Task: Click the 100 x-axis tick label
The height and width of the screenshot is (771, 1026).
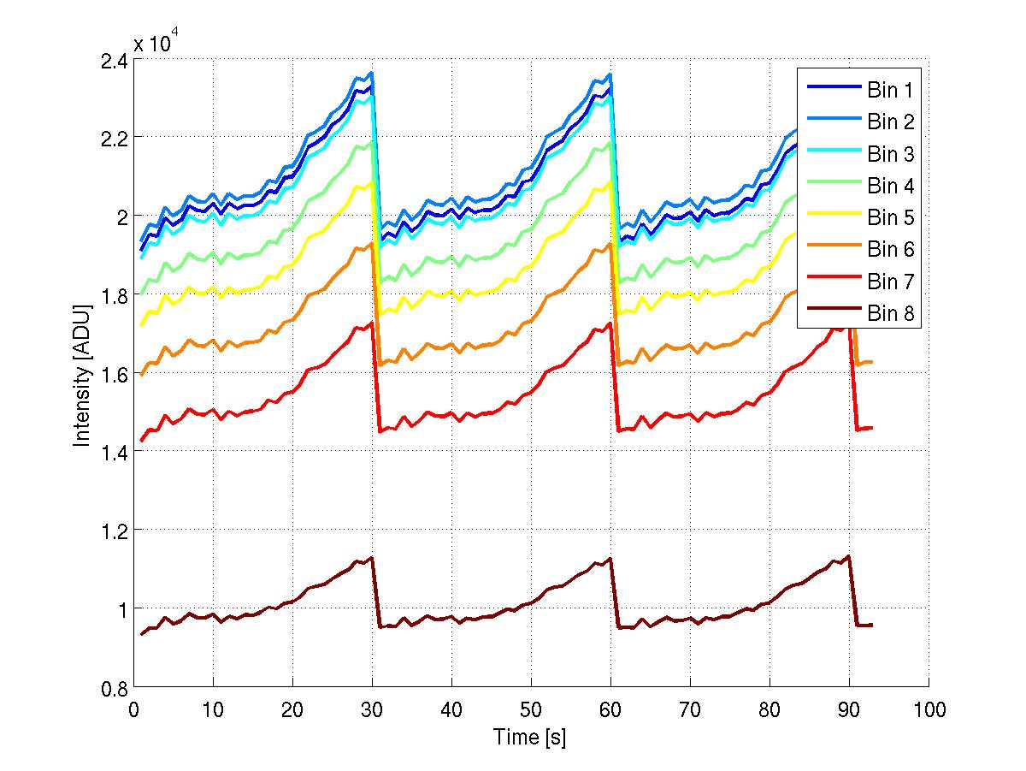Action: tap(929, 710)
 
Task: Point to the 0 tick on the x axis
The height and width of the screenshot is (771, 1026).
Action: tap(134, 710)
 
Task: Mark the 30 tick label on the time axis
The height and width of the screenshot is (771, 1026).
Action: tap(372, 710)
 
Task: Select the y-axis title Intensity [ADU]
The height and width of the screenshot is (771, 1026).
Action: tap(83, 374)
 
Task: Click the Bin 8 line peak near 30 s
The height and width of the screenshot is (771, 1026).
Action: tap(372, 558)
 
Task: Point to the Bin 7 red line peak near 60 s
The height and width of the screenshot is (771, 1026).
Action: tap(610, 323)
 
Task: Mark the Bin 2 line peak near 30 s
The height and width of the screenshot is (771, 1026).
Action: tap(372, 73)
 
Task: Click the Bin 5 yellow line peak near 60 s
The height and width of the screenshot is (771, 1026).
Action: tap(610, 181)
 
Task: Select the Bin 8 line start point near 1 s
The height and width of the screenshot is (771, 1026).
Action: tap(142, 634)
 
